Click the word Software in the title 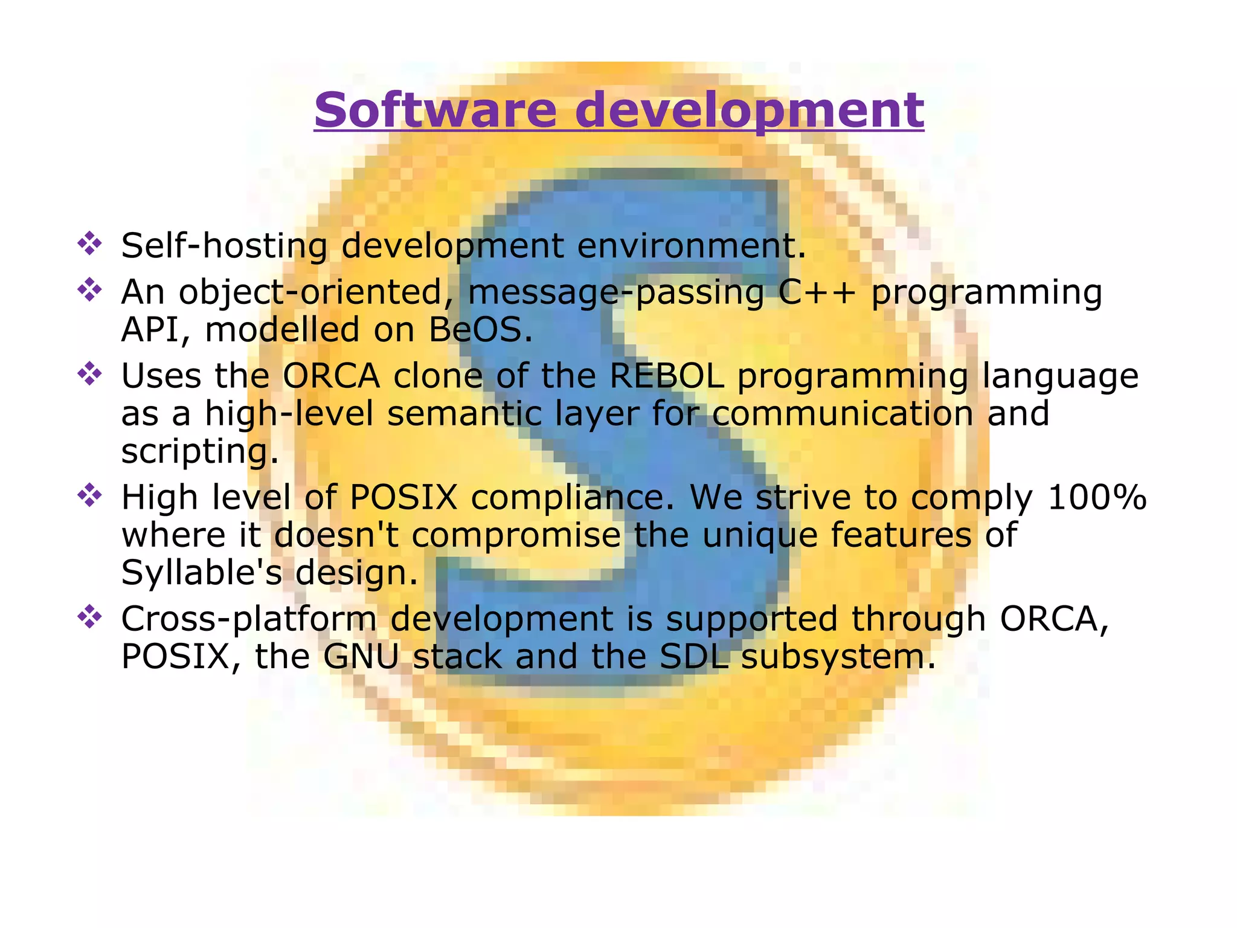point(435,110)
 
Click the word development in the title point(749,110)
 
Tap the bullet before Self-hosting point(89,243)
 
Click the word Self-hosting point(224,246)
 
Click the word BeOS point(480,330)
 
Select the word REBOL point(667,376)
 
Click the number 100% point(1096,497)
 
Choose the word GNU point(361,656)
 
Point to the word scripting point(199,451)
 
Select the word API point(156,330)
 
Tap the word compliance point(571,497)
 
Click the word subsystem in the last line point(837,656)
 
